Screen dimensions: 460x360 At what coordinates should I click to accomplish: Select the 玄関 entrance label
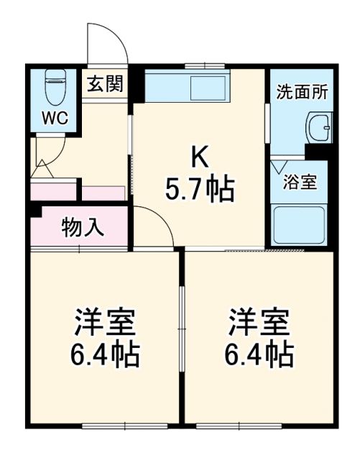(105, 85)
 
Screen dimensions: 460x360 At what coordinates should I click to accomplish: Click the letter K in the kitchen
(199, 155)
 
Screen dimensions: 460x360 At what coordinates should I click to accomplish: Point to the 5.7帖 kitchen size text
(199, 189)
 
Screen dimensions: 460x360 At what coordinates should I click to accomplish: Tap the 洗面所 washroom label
(303, 91)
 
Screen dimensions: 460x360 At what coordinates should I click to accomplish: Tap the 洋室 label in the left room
(106, 321)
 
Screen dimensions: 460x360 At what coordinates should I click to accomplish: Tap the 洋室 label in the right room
(259, 321)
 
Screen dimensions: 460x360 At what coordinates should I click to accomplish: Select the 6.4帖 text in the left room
(106, 354)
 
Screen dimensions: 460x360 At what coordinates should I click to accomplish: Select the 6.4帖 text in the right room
(259, 354)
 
